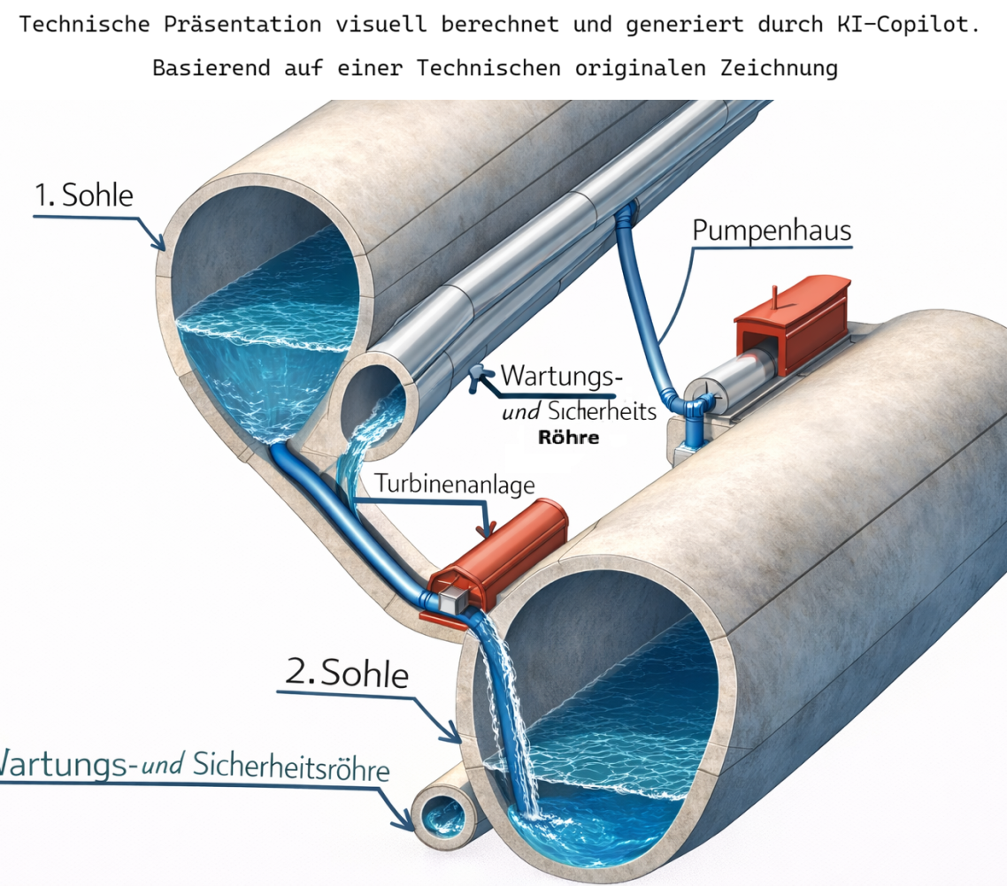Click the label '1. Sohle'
tap(83, 195)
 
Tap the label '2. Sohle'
tap(347, 673)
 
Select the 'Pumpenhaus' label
tap(772, 231)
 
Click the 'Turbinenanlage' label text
tap(455, 484)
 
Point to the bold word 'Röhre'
tap(568, 439)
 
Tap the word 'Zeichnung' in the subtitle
tap(779, 68)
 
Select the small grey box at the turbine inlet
tap(452, 600)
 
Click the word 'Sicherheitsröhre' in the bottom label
tap(291, 767)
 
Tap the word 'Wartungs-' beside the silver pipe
tap(561, 376)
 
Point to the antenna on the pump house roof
tap(775, 298)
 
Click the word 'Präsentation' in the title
tap(242, 25)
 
